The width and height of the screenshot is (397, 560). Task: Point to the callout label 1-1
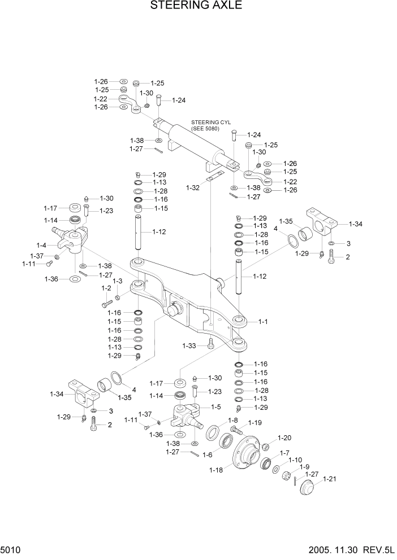pyautogui.click(x=263, y=321)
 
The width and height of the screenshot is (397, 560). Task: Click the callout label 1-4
pyautogui.click(x=41, y=245)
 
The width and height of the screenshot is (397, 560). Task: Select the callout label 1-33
pyautogui.click(x=189, y=345)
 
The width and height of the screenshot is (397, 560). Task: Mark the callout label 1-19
pyautogui.click(x=254, y=422)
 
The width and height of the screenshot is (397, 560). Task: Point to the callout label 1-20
pyautogui.click(x=284, y=438)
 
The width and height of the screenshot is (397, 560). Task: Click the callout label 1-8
pyautogui.click(x=232, y=421)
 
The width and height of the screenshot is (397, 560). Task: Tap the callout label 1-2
pyautogui.click(x=106, y=288)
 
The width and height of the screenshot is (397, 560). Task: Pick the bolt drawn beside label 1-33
pyautogui.click(x=210, y=342)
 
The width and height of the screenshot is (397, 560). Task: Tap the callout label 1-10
pyautogui.click(x=295, y=460)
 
